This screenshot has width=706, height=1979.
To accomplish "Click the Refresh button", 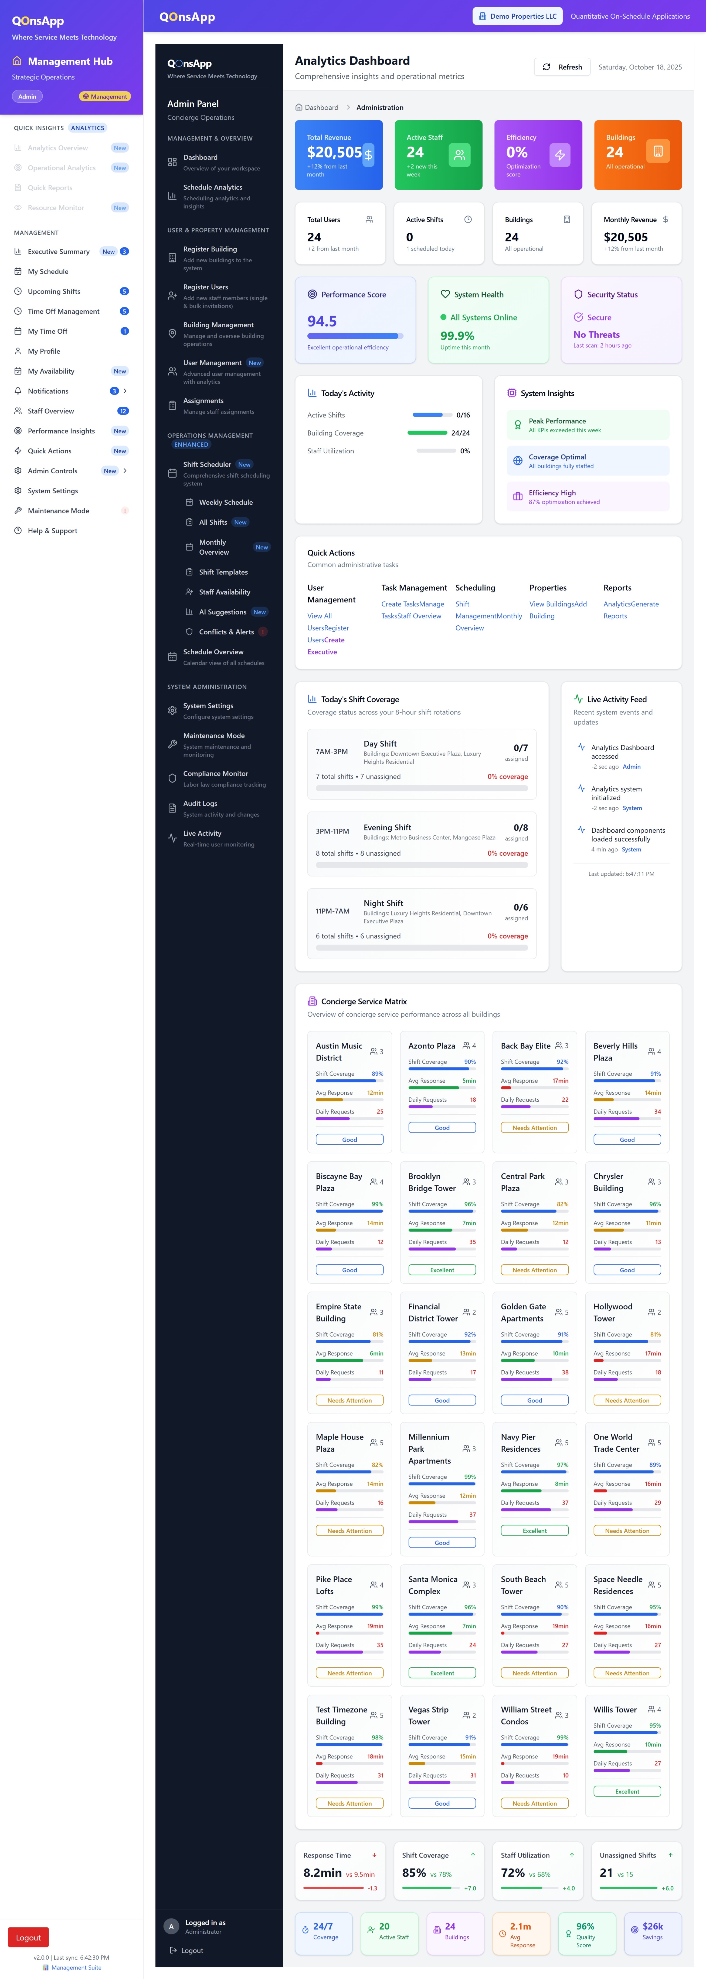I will (562, 67).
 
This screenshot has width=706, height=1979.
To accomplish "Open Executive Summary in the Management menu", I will (58, 251).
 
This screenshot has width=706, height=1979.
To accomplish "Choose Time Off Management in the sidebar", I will (63, 311).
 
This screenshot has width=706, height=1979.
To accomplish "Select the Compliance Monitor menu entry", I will (215, 774).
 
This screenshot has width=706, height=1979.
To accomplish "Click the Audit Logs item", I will (200, 804).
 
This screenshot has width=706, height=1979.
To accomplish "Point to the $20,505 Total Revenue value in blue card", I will (334, 153).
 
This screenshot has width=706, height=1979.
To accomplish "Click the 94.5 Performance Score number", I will (322, 321).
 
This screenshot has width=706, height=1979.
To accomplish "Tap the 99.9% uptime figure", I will (457, 336).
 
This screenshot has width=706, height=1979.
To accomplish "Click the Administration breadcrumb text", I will (379, 107).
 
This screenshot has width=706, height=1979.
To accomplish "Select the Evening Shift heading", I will (387, 827).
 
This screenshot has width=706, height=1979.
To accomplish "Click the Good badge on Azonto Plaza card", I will (442, 1128).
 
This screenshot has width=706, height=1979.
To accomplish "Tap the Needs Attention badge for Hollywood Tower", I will (627, 1401).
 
